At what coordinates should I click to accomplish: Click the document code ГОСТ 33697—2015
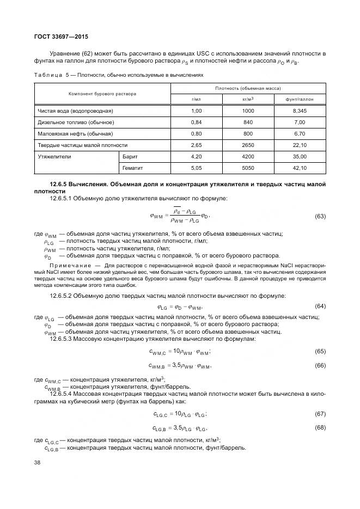pos(61,36)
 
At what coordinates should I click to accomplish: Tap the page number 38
pos(38,462)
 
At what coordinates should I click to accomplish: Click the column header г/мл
pos(197,99)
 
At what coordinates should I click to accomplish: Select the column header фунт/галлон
pos(299,99)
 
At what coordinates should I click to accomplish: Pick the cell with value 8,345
pos(299,111)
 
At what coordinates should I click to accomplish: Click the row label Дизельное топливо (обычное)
pos(76,122)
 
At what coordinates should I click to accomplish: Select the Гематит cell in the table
pos(133,168)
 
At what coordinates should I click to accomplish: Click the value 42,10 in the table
pos(299,168)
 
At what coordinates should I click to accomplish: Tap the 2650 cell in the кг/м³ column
pos(248,145)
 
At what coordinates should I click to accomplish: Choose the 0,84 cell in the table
pos(197,122)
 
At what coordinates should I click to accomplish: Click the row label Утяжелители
pos(54,156)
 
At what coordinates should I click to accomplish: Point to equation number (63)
pos(320,217)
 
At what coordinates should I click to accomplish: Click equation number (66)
pos(320,365)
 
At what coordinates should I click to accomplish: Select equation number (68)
pos(320,428)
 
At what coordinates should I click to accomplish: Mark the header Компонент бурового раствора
pos(102,93)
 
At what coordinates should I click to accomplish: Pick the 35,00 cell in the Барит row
pos(299,156)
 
